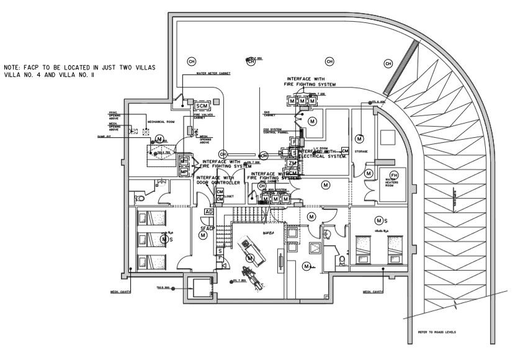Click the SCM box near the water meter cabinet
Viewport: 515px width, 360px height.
(x=201, y=106)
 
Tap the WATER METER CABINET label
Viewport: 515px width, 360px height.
(x=213, y=73)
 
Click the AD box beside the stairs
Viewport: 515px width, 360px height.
(x=209, y=212)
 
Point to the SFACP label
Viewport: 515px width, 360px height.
(x=207, y=229)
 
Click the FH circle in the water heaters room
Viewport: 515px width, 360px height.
(x=392, y=175)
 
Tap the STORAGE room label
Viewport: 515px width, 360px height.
(x=361, y=151)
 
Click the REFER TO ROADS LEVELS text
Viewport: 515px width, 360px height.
(x=436, y=333)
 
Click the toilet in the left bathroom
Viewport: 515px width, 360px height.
(x=140, y=197)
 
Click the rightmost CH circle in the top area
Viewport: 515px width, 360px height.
(x=388, y=63)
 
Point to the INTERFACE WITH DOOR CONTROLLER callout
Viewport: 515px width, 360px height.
(x=218, y=180)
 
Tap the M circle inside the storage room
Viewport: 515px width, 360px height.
(x=359, y=138)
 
